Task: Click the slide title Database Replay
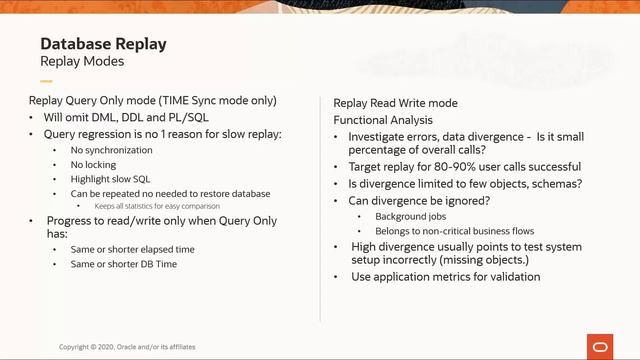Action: (102, 45)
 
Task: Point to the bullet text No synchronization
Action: (112, 150)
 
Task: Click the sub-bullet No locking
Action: (95, 164)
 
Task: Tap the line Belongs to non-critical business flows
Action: (454, 231)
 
